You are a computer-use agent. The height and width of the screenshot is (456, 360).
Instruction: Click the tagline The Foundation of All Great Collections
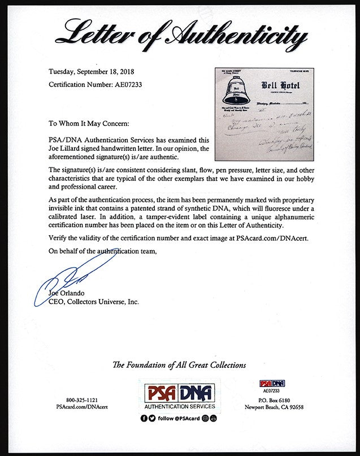(x=180, y=365)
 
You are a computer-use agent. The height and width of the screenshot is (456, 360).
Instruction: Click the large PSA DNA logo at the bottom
(x=179, y=393)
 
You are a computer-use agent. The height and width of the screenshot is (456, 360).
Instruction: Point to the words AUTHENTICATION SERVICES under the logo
(x=179, y=406)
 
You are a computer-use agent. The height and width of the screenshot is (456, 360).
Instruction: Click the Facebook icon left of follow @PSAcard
(x=144, y=418)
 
